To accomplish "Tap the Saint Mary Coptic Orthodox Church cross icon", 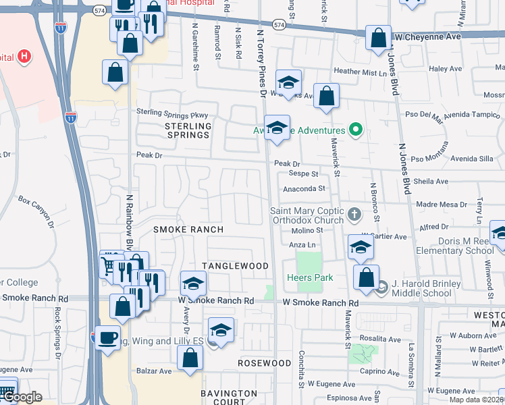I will tap(354, 215).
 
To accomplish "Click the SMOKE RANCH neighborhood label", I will tap(188, 230).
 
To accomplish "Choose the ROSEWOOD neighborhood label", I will tap(265, 363).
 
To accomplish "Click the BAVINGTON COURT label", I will tap(229, 397).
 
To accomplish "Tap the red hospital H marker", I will tap(24, 55).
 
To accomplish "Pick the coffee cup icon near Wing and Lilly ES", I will tap(107, 337).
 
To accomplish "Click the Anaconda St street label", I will tap(304, 189).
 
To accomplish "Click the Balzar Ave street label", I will tap(155, 371).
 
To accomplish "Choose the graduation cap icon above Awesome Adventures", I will tap(276, 127).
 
